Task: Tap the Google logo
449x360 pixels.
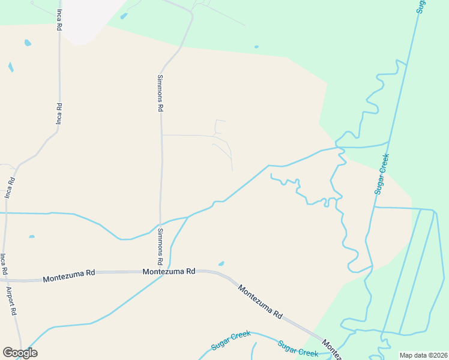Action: (x=20, y=353)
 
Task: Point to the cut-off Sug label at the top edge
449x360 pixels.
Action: (x=421, y=7)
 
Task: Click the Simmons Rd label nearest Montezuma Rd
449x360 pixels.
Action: (x=160, y=247)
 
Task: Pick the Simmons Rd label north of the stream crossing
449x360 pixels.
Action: (x=160, y=93)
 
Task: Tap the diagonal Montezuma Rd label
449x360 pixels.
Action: (x=260, y=301)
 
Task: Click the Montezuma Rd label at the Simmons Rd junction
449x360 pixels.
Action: (x=170, y=271)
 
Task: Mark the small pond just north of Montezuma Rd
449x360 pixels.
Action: (x=221, y=263)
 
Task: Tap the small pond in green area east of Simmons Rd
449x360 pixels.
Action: (x=256, y=46)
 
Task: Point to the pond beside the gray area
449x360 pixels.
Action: (x=124, y=16)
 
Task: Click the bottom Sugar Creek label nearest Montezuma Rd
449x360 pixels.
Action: (x=298, y=349)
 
